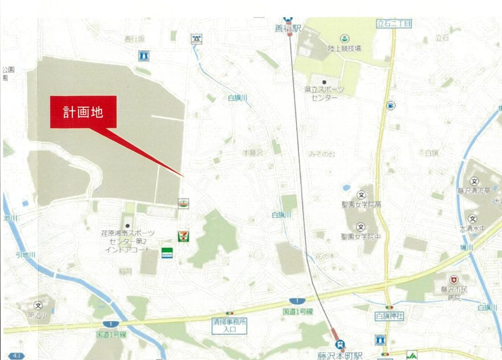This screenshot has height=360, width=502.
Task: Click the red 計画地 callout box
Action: tap(83, 112)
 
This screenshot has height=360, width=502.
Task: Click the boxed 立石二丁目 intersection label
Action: tap(394, 23)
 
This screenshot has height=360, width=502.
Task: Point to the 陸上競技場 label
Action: tap(345, 48)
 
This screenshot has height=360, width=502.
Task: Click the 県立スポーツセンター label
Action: tap(324, 93)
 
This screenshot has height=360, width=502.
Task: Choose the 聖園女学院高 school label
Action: tap(362, 205)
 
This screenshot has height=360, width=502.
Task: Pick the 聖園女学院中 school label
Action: tap(361, 236)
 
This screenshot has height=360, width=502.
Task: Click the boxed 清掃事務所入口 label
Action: tap(229, 326)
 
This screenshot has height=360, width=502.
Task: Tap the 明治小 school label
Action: tap(38, 315)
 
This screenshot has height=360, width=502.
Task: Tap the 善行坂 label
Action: tap(134, 39)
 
